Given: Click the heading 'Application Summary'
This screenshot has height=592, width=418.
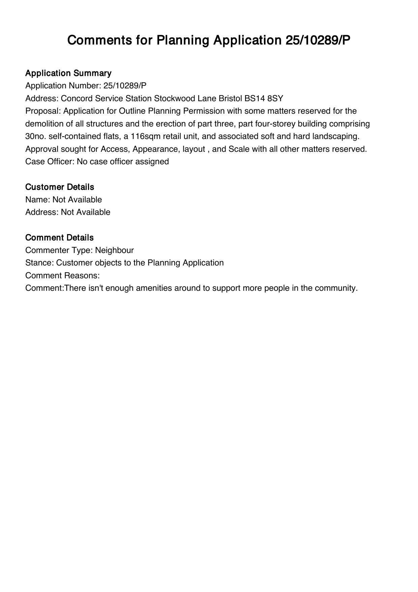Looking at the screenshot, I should [68, 73].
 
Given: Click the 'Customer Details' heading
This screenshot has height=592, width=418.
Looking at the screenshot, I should [60, 187].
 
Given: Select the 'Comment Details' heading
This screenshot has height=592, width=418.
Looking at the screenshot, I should [59, 237].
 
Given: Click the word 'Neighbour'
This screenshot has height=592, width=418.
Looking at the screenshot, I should [114, 250].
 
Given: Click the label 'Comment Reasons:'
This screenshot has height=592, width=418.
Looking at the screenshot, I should [62, 276].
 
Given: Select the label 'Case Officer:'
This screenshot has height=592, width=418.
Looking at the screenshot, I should [50, 162].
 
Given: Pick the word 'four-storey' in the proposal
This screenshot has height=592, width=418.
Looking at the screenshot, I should [274, 124].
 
